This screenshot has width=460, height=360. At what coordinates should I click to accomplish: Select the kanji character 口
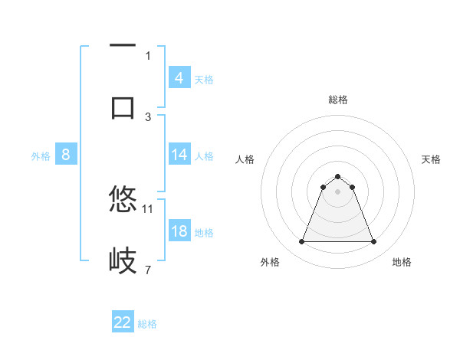[x=123, y=106]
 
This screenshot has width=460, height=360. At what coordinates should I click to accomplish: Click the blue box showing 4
[x=179, y=77]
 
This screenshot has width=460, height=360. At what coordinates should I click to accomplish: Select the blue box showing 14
[x=179, y=155]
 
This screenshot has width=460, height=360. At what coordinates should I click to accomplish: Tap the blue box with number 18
[x=179, y=231]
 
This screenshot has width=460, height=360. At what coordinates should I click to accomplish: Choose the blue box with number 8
[x=66, y=155]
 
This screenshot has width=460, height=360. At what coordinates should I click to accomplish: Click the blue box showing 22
[x=123, y=322]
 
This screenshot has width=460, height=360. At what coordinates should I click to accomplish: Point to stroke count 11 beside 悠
[x=148, y=208]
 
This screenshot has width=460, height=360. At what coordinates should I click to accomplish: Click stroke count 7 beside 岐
[x=148, y=270]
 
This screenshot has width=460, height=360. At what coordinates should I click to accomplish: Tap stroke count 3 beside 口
[x=148, y=116]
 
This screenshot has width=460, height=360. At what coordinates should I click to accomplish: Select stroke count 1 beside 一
[x=148, y=55]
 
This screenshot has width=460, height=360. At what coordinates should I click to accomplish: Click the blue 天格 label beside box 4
[x=204, y=79]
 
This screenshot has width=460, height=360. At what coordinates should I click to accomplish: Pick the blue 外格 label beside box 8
[x=41, y=156]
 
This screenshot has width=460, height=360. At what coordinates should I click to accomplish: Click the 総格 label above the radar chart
[x=338, y=100]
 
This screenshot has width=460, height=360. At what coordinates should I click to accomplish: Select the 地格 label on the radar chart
[x=402, y=262]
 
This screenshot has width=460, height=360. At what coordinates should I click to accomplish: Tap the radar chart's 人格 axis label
[x=245, y=159]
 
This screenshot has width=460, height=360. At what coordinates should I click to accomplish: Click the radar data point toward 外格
[x=301, y=242]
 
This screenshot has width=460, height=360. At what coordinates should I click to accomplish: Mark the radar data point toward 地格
[x=374, y=242]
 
